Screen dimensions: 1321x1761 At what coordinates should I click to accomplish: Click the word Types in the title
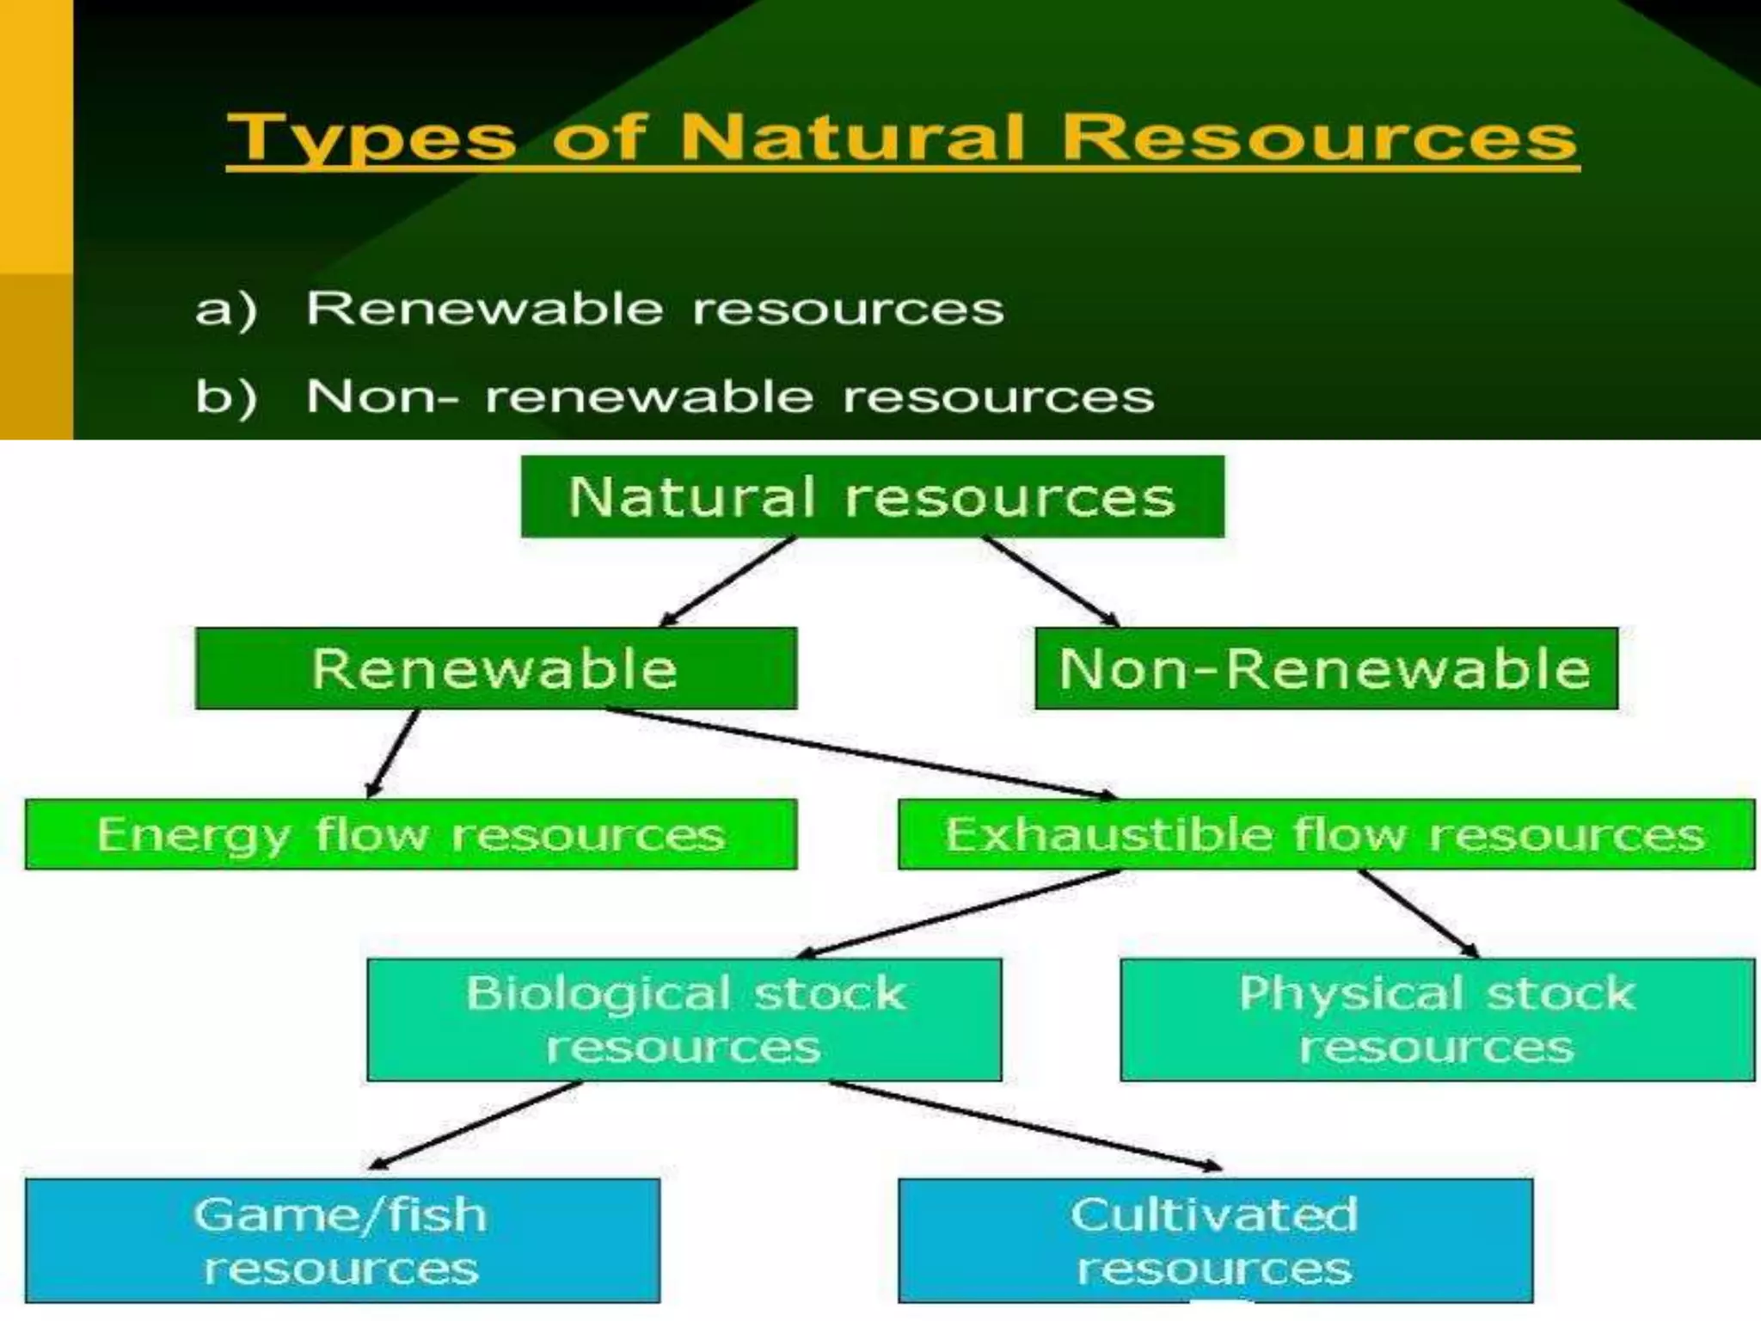[x=370, y=138]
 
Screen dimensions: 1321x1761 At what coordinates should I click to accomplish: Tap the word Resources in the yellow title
[x=1320, y=138]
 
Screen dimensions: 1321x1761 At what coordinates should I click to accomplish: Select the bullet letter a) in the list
[x=225, y=310]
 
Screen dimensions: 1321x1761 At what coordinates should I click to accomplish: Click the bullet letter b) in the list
[x=225, y=398]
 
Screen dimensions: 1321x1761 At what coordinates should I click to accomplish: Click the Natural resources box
[x=872, y=497]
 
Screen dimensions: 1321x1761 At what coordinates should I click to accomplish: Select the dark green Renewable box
[x=495, y=668]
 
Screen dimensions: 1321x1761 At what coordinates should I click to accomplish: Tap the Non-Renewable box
[x=1325, y=668]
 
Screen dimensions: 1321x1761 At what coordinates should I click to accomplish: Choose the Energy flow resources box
[x=410, y=834]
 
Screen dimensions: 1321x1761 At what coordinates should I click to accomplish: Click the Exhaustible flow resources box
[x=1325, y=834]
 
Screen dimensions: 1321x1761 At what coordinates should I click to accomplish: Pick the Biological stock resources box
[x=684, y=1020]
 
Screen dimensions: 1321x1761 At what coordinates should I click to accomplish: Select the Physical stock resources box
[x=1436, y=1020]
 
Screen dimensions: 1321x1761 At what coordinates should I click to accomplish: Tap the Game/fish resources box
[x=341, y=1241]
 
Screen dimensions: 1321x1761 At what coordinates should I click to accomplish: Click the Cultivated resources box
[x=1214, y=1241]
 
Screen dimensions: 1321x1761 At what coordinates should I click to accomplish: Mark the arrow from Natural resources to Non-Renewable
[x=1051, y=581]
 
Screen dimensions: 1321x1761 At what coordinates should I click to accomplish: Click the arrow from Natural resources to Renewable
[x=727, y=581]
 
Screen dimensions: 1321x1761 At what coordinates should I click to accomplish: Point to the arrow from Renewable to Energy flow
[x=392, y=754]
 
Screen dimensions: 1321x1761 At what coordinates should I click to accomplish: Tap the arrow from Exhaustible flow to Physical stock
[x=1417, y=913]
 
